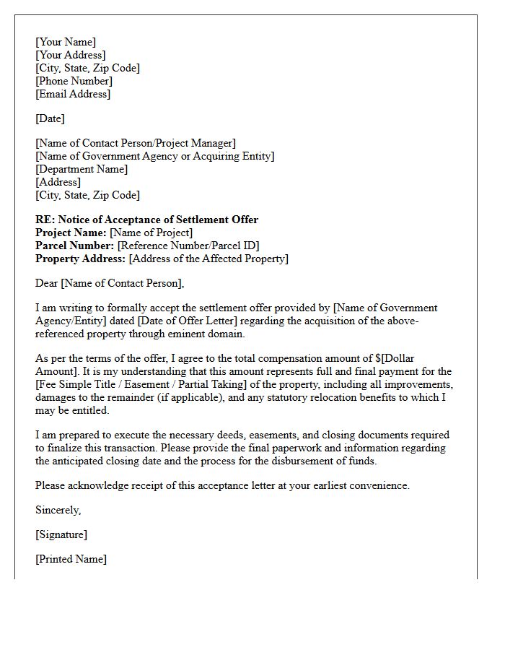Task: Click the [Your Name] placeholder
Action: (66, 42)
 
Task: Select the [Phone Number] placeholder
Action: (74, 81)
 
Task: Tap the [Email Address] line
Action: (73, 94)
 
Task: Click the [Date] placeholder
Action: (50, 118)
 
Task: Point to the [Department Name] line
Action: (82, 169)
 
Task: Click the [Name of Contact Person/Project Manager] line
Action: (136, 143)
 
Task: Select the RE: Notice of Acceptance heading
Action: (146, 220)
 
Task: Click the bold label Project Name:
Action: (71, 233)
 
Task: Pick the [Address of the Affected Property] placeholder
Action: (208, 259)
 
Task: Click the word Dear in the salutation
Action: (47, 283)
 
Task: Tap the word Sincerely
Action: (58, 510)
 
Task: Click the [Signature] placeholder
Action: (61, 534)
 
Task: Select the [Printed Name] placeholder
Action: (71, 559)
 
